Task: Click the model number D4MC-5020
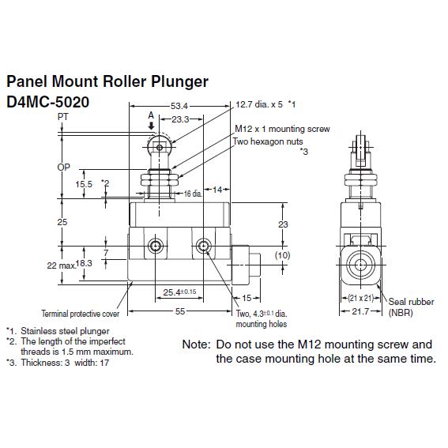point(47,102)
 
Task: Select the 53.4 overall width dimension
point(179,107)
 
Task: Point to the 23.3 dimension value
point(180,119)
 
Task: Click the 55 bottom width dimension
point(180,311)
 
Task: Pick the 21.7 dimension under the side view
point(360,311)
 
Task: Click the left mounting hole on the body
point(155,246)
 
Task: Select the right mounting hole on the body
point(203,246)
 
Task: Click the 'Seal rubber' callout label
point(411,302)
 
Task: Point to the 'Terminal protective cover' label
point(81,314)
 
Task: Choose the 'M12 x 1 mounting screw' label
point(282,129)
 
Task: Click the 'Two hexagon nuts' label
point(268,141)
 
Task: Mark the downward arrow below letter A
point(152,126)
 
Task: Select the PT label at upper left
point(63,117)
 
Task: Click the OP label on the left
point(63,168)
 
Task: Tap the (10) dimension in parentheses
point(282,255)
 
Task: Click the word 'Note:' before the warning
point(196,344)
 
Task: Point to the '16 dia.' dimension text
point(193,194)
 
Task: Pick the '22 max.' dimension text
point(62,265)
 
